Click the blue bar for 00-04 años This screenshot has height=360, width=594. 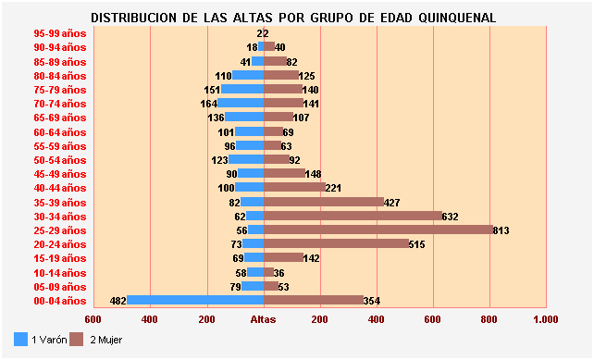point(195,300)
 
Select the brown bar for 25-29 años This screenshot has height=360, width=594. point(378,230)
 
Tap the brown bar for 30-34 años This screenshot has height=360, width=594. point(353,216)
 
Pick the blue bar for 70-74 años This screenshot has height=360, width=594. point(241,104)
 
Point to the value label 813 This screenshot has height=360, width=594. point(501,230)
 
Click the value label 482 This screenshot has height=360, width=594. point(118,301)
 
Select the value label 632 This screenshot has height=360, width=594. point(450,217)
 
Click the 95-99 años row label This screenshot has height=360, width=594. point(59,33)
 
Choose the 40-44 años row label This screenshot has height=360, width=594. point(59,188)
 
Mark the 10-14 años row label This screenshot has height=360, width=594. point(59,272)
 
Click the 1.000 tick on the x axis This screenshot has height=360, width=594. point(546,319)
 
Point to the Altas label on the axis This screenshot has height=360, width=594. point(264,319)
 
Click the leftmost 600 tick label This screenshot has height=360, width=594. point(93,319)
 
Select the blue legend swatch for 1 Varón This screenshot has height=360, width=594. point(21,340)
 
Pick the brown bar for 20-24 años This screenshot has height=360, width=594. point(337,243)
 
